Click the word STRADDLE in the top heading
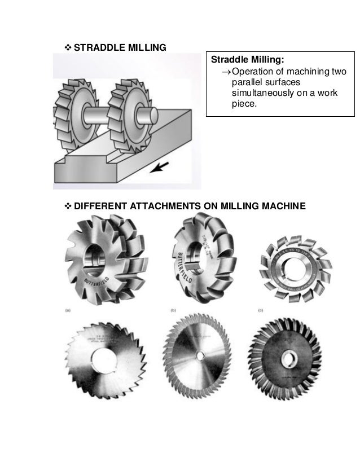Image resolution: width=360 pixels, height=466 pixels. click(98, 47)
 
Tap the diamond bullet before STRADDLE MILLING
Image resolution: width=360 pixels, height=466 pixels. click(68, 47)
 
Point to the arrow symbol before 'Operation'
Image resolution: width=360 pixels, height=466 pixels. click(225, 71)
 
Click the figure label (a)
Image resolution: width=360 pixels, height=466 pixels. click(68, 310)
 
